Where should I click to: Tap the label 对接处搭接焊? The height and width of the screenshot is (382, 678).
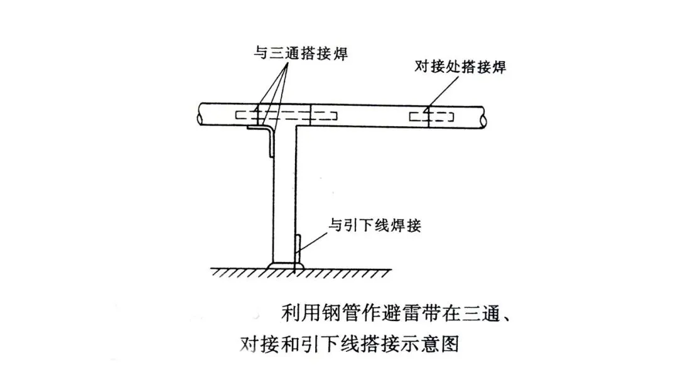click(460, 68)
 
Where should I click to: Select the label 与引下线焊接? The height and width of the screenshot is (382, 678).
click(375, 224)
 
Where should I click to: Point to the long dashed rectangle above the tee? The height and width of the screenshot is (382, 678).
click(286, 116)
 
